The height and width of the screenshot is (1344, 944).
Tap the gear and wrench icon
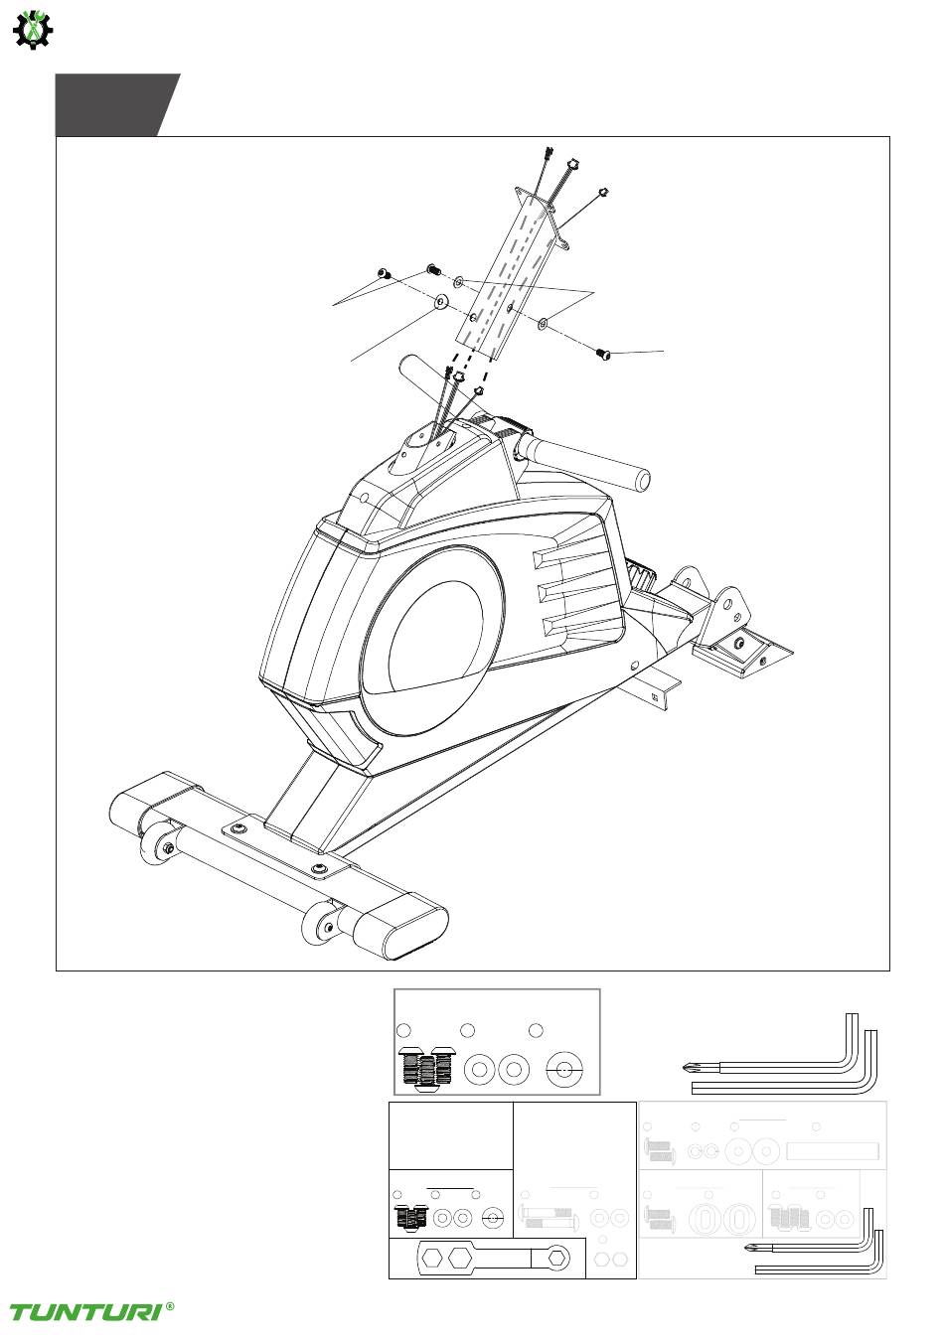(33, 30)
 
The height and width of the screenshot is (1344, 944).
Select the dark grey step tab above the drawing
(117, 105)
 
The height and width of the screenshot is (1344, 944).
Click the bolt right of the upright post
(603, 354)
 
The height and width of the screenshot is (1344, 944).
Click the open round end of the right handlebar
(643, 480)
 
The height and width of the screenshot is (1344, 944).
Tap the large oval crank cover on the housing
(431, 640)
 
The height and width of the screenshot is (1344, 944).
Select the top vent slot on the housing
(573, 559)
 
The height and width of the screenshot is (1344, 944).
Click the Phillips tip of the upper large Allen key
(688, 1068)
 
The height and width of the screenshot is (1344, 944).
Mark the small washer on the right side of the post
(543, 324)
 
